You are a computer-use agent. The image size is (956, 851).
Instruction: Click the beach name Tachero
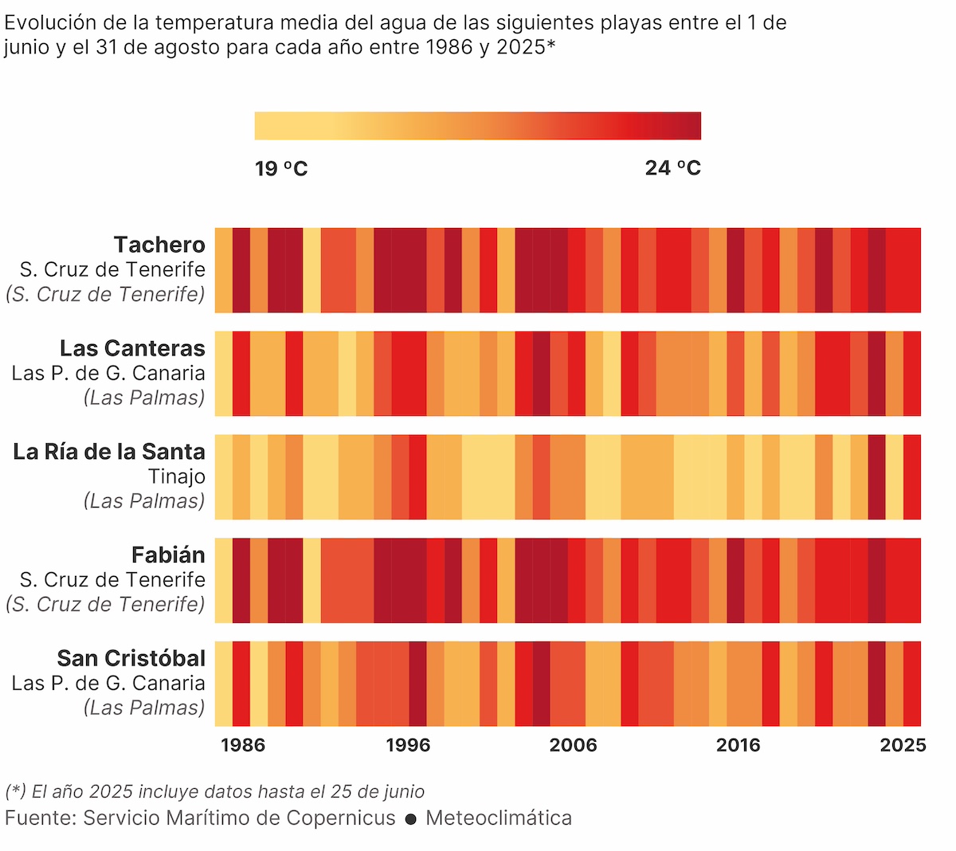tap(159, 245)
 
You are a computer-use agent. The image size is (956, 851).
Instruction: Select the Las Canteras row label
tap(132, 348)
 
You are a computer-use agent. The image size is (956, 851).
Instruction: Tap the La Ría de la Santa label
tap(109, 452)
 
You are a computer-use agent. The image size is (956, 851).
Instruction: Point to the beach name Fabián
tap(168, 555)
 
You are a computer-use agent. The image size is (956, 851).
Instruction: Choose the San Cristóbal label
tap(131, 658)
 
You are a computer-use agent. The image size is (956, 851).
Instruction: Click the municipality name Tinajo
tap(177, 476)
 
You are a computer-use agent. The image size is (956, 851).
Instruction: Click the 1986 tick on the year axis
tap(243, 745)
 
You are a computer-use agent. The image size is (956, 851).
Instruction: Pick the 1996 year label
tap(408, 745)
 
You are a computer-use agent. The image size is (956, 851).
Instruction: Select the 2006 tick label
tap(573, 745)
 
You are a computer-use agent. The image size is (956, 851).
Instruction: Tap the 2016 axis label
tap(738, 745)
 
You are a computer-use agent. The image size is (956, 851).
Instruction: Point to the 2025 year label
tap(903, 745)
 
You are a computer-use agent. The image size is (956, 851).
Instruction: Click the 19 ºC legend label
tap(281, 168)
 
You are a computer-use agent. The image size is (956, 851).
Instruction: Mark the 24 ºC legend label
tap(673, 168)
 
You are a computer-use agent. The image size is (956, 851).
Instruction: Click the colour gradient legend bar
tap(478, 126)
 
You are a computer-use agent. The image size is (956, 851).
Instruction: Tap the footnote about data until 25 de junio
tap(215, 791)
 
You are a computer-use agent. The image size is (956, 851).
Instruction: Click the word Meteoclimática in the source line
tap(499, 818)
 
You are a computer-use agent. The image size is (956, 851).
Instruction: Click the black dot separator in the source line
tap(411, 819)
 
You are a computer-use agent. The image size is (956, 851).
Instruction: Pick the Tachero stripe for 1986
tap(224, 270)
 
